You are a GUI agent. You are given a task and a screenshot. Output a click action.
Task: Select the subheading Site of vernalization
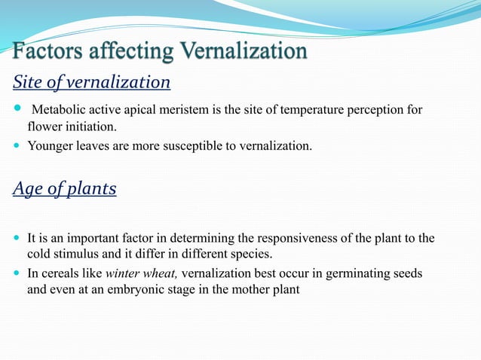(x=91, y=81)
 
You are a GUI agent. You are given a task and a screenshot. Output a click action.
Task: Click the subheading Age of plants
(x=64, y=188)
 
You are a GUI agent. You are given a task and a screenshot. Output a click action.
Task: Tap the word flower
(x=43, y=126)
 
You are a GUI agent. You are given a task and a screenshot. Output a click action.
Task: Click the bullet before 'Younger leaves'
(x=17, y=145)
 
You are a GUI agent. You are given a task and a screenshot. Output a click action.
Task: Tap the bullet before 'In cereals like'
(x=17, y=273)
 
